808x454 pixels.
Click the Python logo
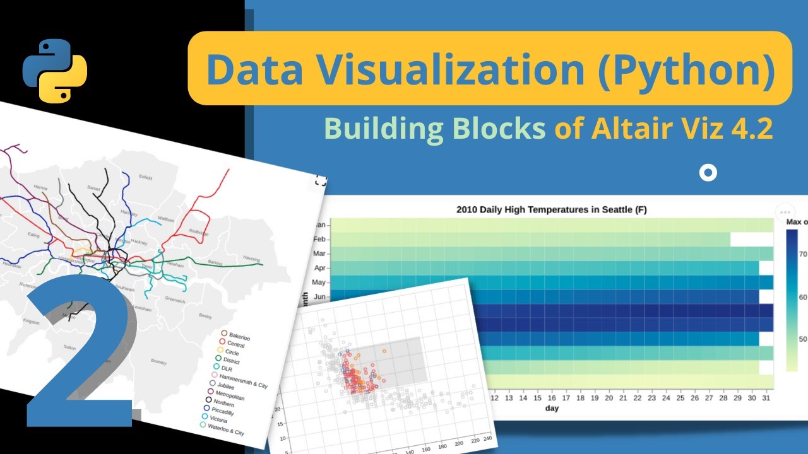click(x=55, y=71)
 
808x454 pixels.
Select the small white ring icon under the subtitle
click(x=708, y=173)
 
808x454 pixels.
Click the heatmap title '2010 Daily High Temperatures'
click(x=551, y=209)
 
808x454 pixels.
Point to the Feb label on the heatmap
click(x=319, y=240)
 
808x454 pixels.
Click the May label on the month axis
click(x=319, y=282)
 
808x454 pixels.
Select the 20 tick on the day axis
click(x=609, y=398)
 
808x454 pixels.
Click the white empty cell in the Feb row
click(x=752, y=240)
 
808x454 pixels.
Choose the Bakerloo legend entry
click(x=239, y=337)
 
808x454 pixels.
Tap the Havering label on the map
click(x=252, y=258)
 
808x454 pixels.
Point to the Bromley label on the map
click(x=158, y=362)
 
